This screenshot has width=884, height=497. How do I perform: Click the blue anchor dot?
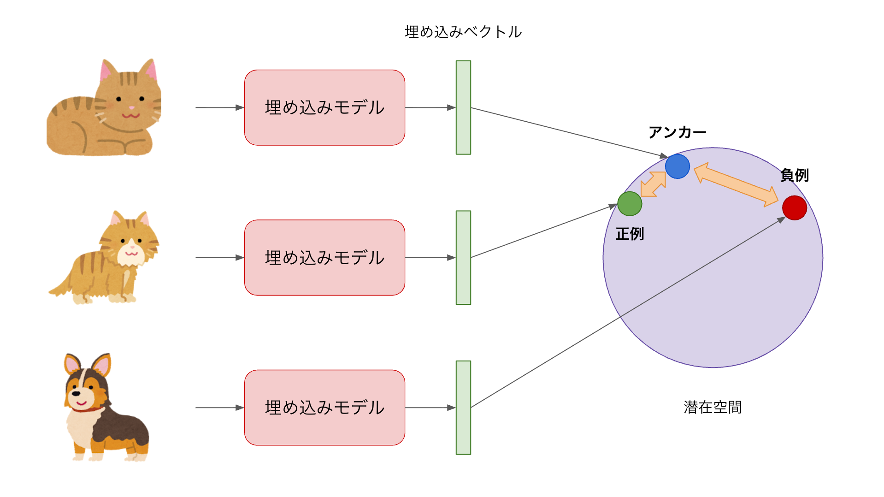click(677, 166)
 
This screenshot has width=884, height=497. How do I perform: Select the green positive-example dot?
click(630, 204)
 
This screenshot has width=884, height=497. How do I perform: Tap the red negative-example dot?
click(794, 208)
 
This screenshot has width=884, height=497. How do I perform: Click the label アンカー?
click(677, 133)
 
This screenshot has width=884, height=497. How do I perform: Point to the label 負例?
click(794, 175)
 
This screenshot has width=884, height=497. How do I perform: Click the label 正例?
click(630, 234)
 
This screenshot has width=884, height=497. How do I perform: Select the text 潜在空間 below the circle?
click(713, 407)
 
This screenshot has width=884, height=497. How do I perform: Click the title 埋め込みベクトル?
click(463, 32)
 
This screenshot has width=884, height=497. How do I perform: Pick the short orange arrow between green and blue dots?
click(653, 184)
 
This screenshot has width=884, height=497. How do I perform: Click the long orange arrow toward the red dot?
click(736, 184)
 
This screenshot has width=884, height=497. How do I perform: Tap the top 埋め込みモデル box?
click(324, 107)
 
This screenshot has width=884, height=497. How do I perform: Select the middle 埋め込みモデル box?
click(324, 257)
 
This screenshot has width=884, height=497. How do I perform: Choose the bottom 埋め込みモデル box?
click(324, 408)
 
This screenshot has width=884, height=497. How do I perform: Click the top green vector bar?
click(463, 107)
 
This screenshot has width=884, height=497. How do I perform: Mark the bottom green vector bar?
click(463, 408)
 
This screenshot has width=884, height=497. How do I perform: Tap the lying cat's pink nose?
click(131, 108)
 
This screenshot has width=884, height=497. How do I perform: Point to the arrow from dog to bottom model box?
click(219, 408)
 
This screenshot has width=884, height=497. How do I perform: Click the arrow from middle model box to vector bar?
click(430, 257)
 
